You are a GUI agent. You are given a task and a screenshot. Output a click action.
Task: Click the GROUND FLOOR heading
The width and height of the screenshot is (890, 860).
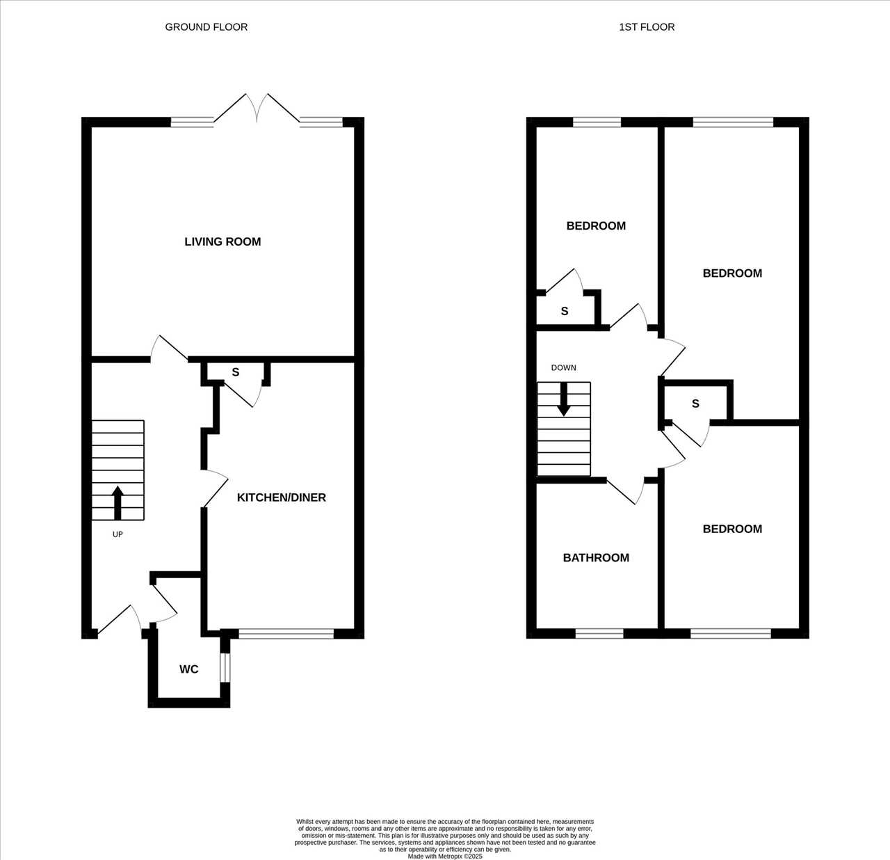207,27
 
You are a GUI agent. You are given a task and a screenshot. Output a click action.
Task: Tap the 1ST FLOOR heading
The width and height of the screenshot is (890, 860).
647,27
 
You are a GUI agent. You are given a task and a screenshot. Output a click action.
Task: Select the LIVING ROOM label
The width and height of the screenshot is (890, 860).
222,241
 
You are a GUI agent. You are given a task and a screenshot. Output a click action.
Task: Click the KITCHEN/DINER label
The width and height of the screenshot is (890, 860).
282,497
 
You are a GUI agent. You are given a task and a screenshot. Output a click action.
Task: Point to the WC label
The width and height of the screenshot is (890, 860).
189,669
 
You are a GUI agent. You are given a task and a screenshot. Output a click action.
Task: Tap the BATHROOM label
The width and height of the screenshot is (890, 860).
596,557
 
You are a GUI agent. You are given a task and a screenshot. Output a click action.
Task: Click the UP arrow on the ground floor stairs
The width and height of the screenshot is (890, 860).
118,502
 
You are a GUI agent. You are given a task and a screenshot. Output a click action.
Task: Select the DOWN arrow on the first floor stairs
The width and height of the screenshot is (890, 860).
564,399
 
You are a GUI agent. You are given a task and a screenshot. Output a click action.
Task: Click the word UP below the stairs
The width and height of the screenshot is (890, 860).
118,534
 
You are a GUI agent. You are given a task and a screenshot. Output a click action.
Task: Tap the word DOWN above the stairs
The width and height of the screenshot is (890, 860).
563,367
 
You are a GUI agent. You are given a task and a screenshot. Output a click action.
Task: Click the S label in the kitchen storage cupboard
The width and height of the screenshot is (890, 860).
236,372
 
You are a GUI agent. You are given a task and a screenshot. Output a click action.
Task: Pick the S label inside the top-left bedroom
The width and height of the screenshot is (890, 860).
565,311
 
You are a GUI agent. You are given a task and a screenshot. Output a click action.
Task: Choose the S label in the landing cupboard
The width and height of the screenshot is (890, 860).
695,404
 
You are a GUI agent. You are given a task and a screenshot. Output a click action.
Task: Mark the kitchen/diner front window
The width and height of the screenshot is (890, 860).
286,633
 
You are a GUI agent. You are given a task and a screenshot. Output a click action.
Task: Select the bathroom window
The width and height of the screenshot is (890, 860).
599,633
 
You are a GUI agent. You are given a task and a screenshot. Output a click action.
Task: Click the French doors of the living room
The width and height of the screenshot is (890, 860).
257,109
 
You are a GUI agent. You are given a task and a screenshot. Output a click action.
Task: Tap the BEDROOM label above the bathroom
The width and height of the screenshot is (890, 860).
596,225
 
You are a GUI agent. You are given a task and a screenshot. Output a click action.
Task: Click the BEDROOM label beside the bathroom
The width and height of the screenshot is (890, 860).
732,529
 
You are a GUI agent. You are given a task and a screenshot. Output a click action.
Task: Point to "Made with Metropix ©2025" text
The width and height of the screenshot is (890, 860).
445,857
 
